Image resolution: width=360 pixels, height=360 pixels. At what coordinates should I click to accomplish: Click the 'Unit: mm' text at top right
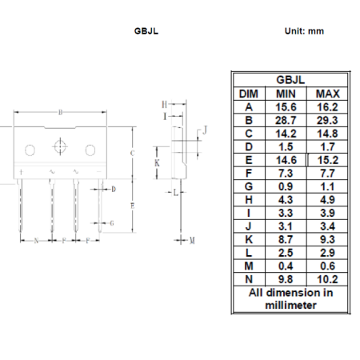(304, 31)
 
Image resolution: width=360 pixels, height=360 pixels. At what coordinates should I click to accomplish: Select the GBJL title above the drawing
(146, 31)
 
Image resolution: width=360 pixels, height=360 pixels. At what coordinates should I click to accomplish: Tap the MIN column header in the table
(286, 94)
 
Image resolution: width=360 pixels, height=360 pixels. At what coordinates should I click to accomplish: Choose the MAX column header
(327, 94)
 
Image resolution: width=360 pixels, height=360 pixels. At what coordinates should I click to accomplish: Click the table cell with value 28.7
(286, 120)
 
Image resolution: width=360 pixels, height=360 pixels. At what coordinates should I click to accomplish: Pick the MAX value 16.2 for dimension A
(327, 107)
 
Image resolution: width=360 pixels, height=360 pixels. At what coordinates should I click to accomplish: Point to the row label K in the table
(249, 239)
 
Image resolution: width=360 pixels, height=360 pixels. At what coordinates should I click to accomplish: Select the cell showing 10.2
(327, 279)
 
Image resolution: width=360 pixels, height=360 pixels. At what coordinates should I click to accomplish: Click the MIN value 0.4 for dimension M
(286, 266)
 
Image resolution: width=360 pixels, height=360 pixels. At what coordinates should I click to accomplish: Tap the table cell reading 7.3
(286, 174)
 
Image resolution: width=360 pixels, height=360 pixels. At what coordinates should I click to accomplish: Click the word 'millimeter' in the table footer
(290, 305)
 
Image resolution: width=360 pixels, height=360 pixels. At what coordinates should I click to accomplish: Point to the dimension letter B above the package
(60, 112)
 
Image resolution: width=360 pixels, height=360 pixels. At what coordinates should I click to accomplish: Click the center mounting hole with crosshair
(60, 146)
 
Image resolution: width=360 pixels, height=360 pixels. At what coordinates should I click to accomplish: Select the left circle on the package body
(30, 150)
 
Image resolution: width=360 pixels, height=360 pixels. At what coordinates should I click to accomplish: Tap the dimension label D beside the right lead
(114, 189)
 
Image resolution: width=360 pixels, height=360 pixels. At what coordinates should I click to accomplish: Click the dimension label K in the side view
(157, 162)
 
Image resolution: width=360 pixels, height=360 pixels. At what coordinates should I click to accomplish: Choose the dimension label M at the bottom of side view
(192, 241)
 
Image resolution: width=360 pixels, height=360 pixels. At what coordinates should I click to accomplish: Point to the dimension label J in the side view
(205, 130)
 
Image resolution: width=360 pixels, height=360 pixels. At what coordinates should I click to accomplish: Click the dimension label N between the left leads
(36, 241)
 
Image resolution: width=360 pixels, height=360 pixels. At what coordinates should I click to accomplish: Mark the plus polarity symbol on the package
(21, 172)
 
